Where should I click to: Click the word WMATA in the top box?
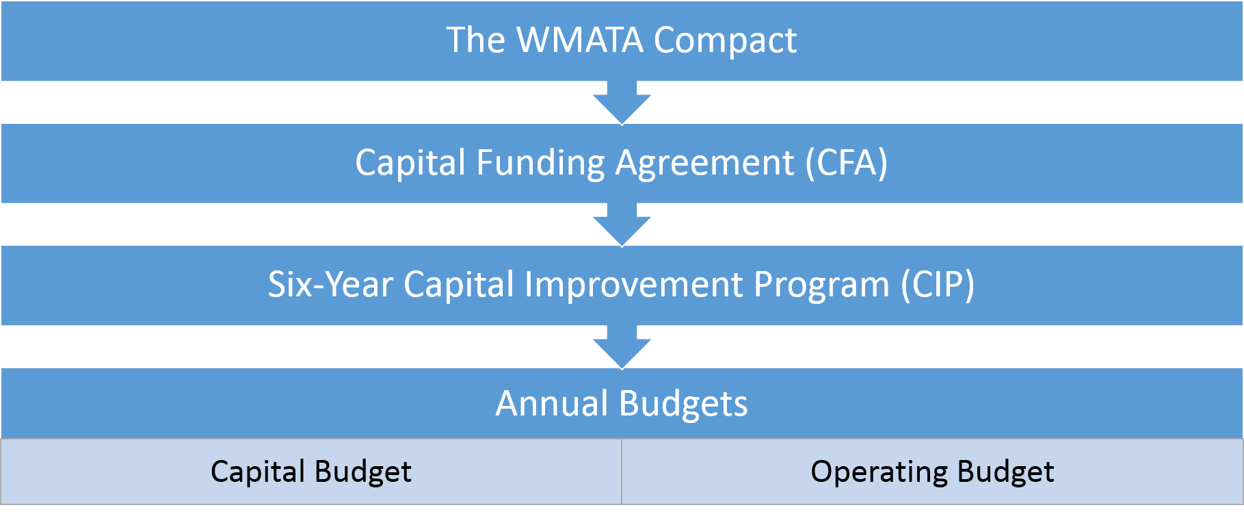tap(580, 40)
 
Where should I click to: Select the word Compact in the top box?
tap(725, 41)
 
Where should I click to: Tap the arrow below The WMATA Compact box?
tap(622, 103)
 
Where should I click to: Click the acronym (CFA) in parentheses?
tap(847, 163)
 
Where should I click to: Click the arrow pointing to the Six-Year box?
tap(622, 225)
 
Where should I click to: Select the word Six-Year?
tap(330, 285)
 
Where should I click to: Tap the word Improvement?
tap(633, 285)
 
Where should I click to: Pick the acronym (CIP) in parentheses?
tap(938, 285)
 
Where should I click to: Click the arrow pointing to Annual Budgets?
tap(622, 347)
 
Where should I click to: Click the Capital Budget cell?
tap(311, 472)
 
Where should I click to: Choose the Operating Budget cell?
tap(932, 472)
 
